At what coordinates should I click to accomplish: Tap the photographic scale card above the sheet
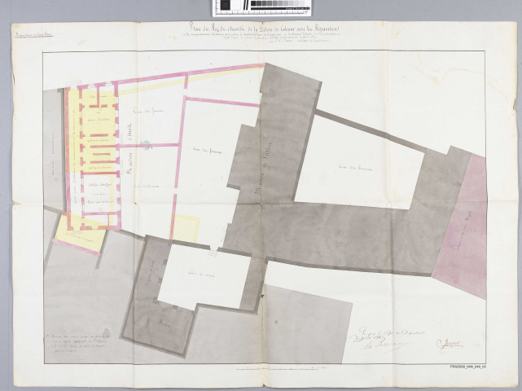261,8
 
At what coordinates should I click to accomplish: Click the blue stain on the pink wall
145,145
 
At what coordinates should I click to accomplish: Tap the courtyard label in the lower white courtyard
200,273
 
